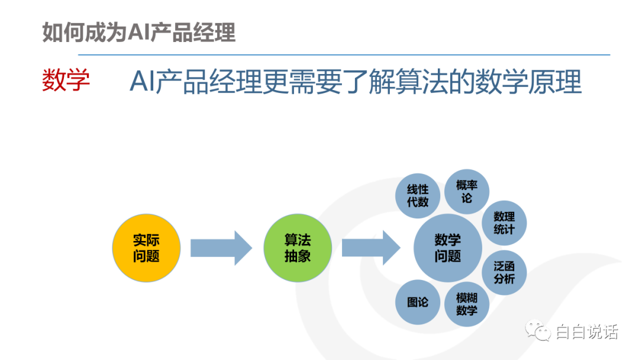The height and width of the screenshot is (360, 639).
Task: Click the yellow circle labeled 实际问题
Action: coord(146,248)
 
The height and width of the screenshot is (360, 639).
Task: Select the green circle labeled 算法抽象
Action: coord(298,248)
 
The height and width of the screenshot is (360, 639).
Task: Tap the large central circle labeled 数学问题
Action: coord(447,248)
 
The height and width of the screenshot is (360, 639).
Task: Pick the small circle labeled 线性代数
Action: coord(418,196)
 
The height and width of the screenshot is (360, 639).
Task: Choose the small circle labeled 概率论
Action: coord(467,192)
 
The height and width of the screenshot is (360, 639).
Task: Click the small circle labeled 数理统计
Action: coord(504,223)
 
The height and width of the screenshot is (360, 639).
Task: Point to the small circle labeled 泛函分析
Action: coord(504,273)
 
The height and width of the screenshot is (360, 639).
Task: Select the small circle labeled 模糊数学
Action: coord(467,304)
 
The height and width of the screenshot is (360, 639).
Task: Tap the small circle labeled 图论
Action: coord(418,302)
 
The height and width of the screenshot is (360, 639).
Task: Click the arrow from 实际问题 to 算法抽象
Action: coord(221,248)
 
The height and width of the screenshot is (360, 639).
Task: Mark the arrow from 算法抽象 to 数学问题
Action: coord(371,248)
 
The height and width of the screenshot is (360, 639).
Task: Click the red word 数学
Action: coord(66,81)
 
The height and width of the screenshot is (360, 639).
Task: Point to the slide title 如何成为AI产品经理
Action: coord(139,32)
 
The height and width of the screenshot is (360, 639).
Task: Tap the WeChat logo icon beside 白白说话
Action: coord(538,330)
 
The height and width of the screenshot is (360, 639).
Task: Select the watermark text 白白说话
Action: coord(587,332)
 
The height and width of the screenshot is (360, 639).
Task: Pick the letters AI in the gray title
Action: coord(139,32)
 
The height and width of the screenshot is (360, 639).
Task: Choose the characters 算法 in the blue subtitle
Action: coord(408,82)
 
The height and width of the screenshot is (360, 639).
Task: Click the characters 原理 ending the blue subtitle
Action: coord(554,82)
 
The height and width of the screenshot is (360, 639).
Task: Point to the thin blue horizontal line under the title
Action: coord(344,54)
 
